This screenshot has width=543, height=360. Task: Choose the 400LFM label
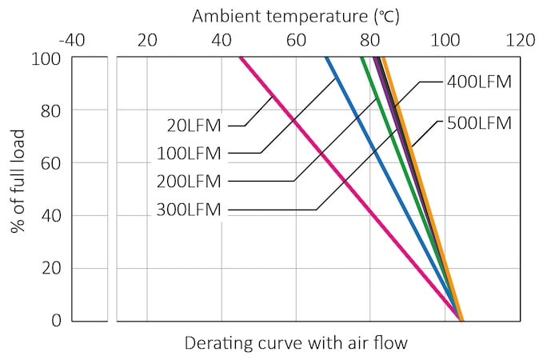point(479,81)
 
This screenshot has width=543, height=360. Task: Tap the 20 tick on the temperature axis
point(147,39)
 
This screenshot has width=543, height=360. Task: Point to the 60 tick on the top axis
point(296,39)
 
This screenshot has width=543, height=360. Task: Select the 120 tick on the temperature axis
point(520,39)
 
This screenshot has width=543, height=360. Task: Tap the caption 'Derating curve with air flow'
point(296,344)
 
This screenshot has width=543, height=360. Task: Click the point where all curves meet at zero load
point(461,320)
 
